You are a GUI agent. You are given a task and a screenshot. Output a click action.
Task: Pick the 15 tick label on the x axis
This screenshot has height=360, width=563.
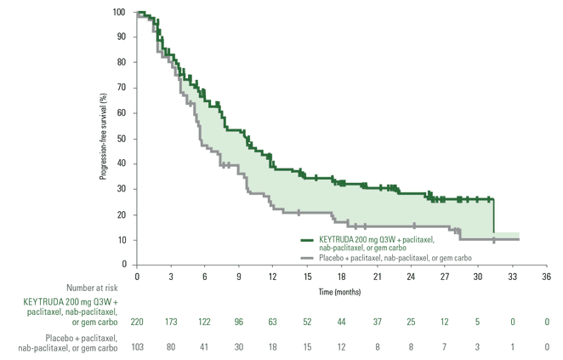[x=307, y=277]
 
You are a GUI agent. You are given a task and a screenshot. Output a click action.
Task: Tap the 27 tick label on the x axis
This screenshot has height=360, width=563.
[x=444, y=277]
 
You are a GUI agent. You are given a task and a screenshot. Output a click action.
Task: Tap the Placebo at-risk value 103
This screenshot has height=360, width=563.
[x=137, y=348]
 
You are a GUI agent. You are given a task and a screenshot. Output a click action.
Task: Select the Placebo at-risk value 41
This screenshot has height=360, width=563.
[x=205, y=348]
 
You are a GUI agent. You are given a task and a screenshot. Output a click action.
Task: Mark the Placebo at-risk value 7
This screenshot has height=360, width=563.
[x=444, y=348]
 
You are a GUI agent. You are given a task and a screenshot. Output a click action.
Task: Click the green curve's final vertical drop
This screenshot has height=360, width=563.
[x=494, y=216]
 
